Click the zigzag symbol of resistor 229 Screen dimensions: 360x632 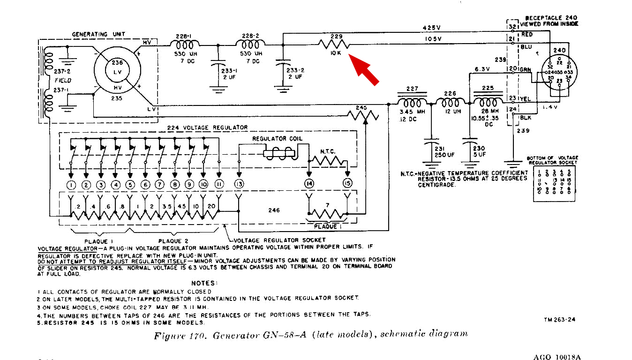click(334, 44)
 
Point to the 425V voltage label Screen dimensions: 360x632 click(432, 28)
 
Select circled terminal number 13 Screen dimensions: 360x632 click(240, 184)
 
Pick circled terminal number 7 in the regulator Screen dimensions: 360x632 click(160, 184)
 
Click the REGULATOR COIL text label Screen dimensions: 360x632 click(277, 139)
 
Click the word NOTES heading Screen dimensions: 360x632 click(204, 283)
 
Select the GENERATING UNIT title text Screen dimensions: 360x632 click(98, 34)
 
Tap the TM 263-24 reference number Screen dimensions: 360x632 click(559, 320)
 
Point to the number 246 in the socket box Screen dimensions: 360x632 click(274, 210)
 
